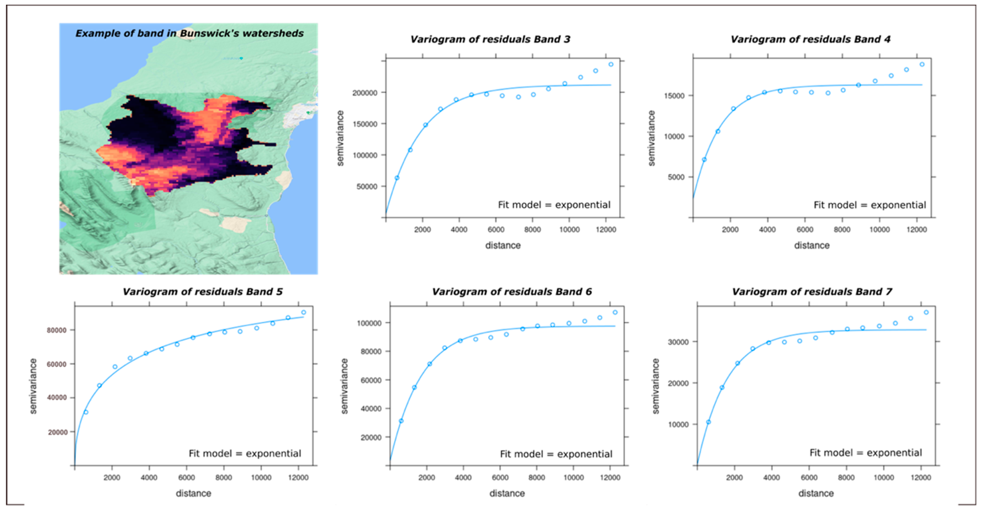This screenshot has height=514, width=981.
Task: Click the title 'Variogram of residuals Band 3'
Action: coord(490,39)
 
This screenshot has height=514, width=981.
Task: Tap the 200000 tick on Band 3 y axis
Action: coord(364,93)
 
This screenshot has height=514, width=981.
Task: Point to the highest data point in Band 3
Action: coord(611,64)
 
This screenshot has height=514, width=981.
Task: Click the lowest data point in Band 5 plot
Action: coord(86,412)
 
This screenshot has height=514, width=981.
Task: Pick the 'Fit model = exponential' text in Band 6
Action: coord(556,454)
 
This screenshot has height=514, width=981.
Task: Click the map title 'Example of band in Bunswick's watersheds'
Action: coord(189,33)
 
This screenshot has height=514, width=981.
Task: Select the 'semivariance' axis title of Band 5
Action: coord(33,386)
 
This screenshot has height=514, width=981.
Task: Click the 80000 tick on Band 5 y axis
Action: coord(56,330)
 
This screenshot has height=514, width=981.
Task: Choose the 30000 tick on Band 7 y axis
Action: coord(678,342)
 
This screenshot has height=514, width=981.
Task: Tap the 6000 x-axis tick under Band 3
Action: coord(496,230)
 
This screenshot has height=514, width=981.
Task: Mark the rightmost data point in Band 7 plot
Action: coord(926,313)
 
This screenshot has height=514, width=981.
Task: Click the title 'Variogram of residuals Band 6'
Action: coord(511,292)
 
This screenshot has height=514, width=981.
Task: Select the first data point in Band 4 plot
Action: coord(704,160)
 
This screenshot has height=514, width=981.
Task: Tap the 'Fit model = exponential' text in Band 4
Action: coord(869,205)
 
